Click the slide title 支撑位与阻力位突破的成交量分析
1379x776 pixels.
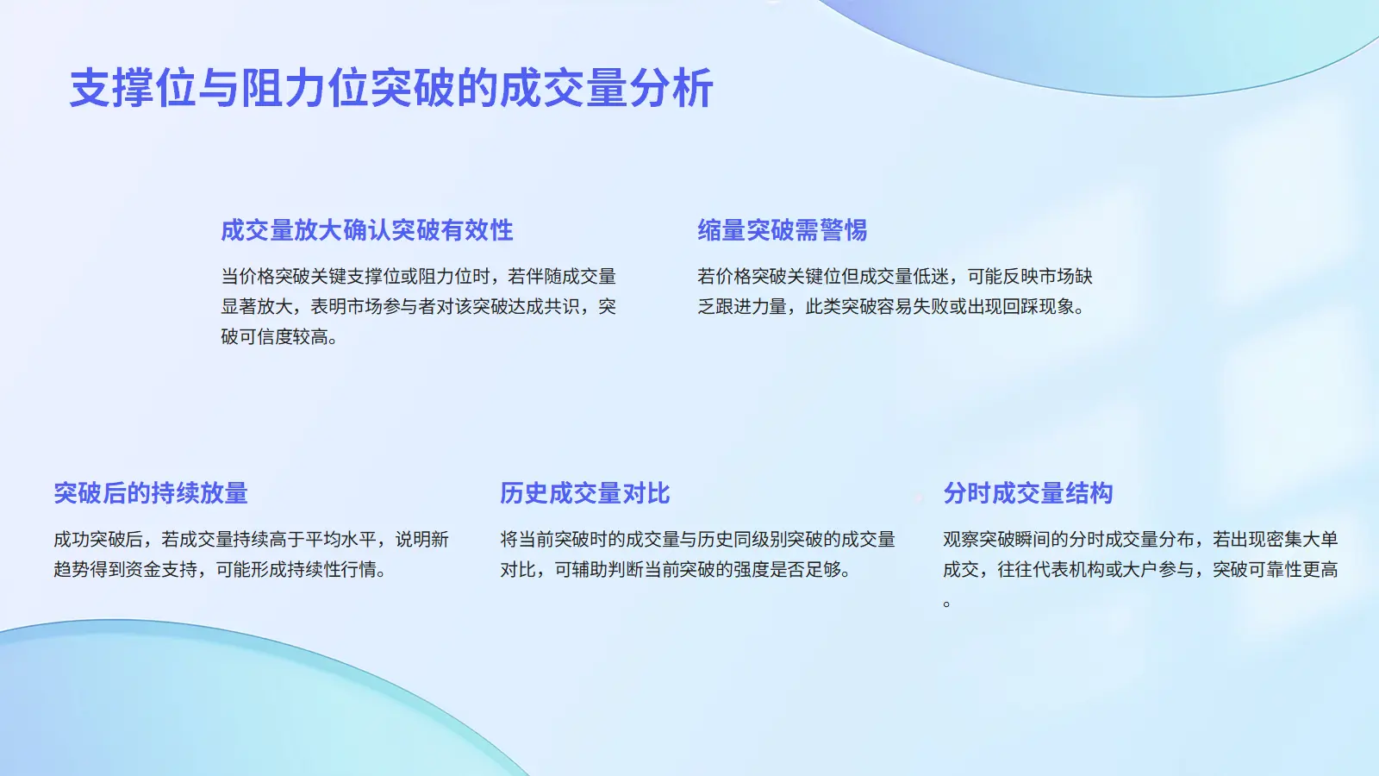pos(391,89)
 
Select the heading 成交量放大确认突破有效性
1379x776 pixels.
pos(367,230)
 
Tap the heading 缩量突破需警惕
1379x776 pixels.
pos(782,230)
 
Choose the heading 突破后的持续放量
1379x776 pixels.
pos(151,493)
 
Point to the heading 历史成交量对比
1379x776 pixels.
pos(585,493)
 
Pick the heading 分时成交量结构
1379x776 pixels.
pos(1028,493)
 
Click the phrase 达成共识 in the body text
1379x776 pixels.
pos(544,307)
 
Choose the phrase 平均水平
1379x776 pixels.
pos(341,540)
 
